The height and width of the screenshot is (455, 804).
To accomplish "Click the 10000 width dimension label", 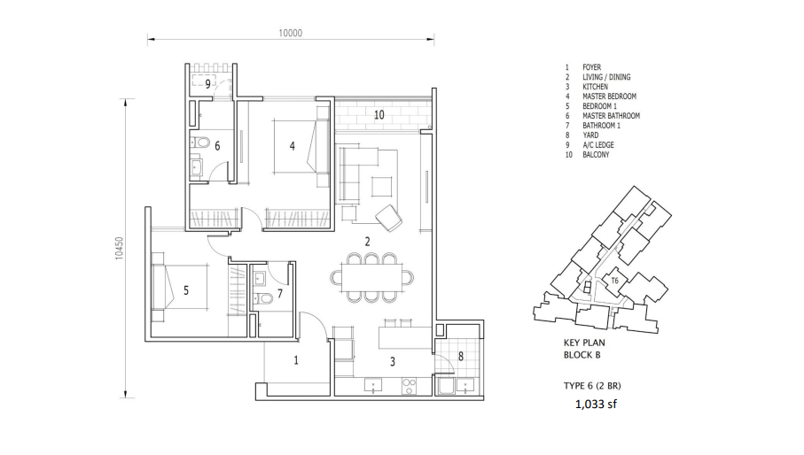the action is click(x=290, y=34).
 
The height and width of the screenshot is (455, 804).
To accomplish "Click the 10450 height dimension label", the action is click(x=119, y=248).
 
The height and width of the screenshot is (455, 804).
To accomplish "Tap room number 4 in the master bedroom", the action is click(x=293, y=146).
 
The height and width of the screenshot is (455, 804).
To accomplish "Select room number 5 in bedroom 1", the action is click(x=186, y=290).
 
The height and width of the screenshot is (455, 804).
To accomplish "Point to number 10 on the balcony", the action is click(x=379, y=115).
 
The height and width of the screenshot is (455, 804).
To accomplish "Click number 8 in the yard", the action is click(x=460, y=357).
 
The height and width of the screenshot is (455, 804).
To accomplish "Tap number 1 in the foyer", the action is click(x=296, y=361).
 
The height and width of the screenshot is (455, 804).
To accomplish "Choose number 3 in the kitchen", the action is click(x=393, y=362).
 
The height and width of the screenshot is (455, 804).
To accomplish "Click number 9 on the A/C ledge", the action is click(x=207, y=84).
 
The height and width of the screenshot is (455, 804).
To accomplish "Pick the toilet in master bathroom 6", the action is click(x=200, y=142).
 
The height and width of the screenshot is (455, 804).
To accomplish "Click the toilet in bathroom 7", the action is click(x=263, y=297).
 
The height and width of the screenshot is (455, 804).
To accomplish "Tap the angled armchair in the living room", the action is click(x=388, y=217).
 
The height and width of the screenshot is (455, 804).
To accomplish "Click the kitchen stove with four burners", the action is click(x=409, y=386).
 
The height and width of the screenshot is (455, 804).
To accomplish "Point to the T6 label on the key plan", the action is click(x=615, y=281).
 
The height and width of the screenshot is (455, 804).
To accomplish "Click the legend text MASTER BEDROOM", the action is click(x=609, y=96).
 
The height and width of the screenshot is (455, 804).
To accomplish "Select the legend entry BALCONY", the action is click(x=596, y=155).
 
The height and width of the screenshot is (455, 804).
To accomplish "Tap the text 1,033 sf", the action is click(x=596, y=405).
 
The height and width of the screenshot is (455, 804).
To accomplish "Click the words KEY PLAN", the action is click(x=584, y=343).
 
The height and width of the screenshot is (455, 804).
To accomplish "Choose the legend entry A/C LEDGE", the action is click(x=597, y=145).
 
